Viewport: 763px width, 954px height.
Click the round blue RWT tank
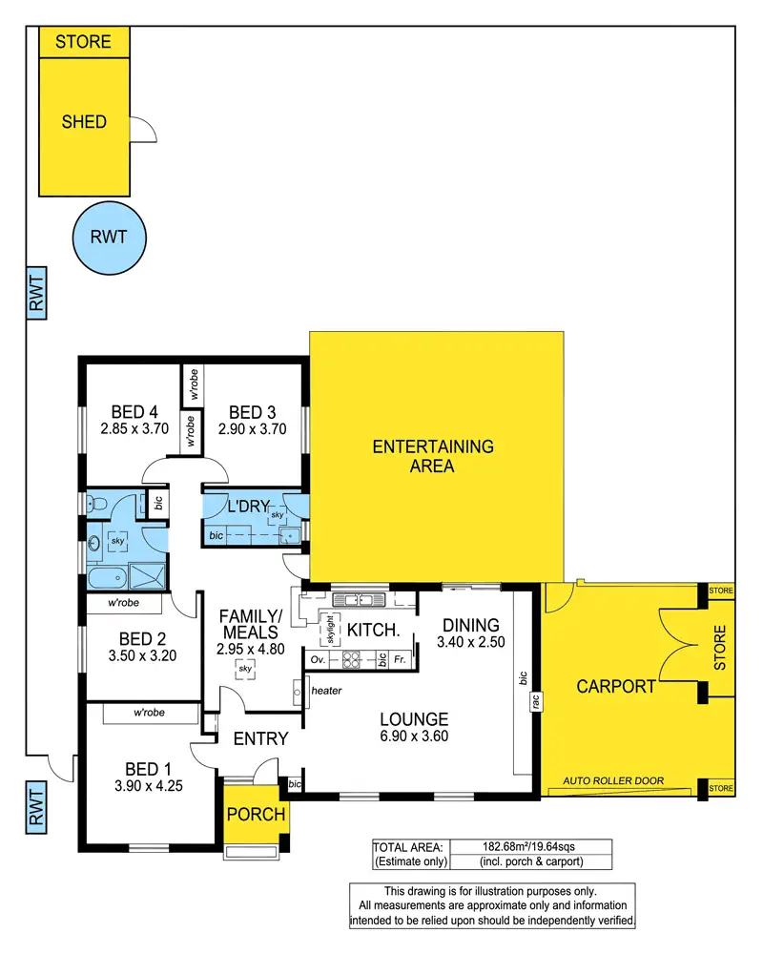(x=109, y=238)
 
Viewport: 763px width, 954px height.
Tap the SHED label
(x=84, y=122)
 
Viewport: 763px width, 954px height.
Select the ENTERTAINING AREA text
(x=433, y=456)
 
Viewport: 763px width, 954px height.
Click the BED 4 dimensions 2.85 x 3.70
(x=134, y=428)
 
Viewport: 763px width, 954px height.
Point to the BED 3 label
(x=252, y=412)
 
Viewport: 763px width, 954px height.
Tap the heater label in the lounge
(x=326, y=691)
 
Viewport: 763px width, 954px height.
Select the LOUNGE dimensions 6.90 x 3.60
(x=413, y=736)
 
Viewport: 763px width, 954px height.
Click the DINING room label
(x=468, y=625)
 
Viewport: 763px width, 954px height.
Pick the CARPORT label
(x=616, y=686)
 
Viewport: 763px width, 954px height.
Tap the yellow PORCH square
(x=254, y=814)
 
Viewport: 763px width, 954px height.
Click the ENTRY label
(x=260, y=737)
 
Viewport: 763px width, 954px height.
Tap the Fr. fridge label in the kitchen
(x=400, y=659)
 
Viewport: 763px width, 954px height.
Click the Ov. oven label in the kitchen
(x=318, y=659)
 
